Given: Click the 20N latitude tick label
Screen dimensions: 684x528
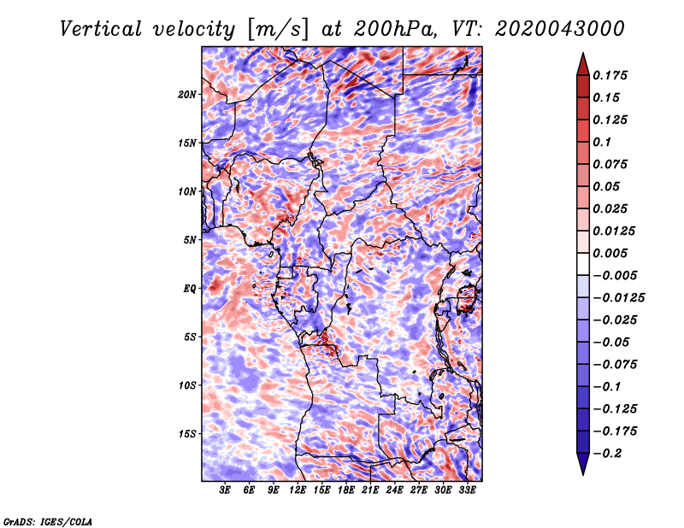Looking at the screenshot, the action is (187, 95).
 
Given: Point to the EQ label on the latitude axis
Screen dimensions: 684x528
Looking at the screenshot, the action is (190, 289).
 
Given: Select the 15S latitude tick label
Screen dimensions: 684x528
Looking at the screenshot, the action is (187, 434).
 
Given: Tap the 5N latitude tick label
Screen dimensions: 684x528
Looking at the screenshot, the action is (190, 240).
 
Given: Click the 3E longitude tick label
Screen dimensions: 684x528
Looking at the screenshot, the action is (225, 490).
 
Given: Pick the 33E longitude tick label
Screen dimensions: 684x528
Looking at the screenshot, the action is (467, 490).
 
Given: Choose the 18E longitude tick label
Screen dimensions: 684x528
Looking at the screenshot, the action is (346, 490).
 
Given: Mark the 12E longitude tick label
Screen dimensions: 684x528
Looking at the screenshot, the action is (298, 490).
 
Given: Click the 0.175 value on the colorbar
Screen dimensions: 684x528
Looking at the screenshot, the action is (610, 75).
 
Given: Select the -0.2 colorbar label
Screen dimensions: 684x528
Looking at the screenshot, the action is (607, 454).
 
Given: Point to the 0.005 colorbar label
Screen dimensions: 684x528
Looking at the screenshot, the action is (610, 253).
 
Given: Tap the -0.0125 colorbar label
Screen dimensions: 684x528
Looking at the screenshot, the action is (618, 298).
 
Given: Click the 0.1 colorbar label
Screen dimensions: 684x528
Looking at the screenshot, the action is (602, 142).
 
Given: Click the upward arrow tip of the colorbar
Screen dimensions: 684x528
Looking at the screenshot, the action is (583, 54).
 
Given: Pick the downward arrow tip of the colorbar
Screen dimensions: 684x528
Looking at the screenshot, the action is (583, 474).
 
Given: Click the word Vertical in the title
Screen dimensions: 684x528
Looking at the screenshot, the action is (101, 29).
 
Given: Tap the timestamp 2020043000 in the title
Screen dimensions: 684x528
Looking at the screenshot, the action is (560, 29).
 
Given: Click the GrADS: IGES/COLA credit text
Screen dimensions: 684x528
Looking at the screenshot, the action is (48, 522).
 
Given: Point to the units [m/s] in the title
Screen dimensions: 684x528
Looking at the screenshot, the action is (278, 30).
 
